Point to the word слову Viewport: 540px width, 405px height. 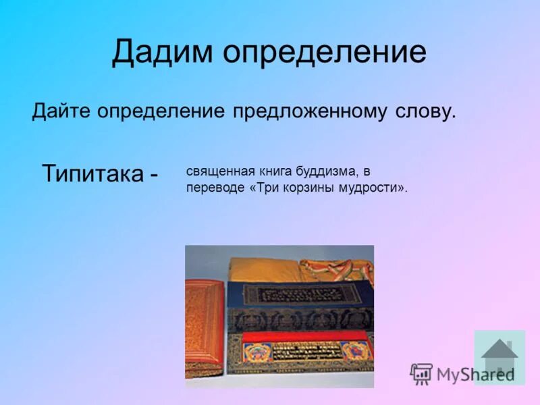point(425,111)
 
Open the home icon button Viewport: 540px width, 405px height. point(500,356)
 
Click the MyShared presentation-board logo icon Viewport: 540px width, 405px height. point(421,373)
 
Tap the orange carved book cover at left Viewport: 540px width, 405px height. point(204,327)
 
